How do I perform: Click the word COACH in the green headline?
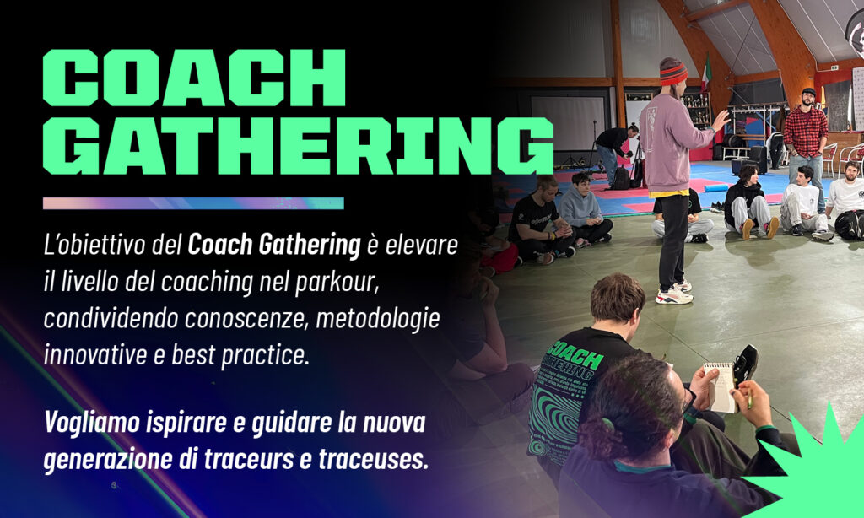pos(194,78)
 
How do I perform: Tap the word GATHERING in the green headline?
pos(298,146)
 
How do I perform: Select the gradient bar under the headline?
pos(193,203)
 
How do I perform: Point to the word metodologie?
pos(378,319)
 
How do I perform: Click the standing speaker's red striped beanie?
pos(673,73)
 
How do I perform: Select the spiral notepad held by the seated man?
pos(721,387)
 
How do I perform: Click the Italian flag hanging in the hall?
pos(706,73)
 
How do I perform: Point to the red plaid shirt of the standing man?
pos(806,132)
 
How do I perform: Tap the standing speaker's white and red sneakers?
pos(674,294)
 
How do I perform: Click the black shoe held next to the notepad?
pos(745,364)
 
